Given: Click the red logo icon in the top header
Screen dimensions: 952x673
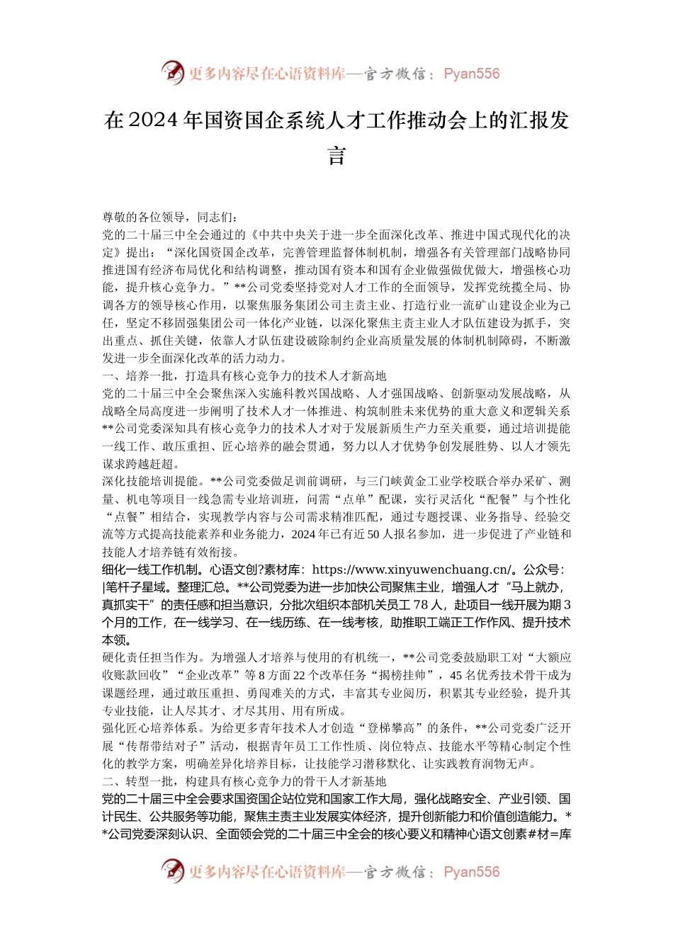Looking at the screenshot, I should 173,72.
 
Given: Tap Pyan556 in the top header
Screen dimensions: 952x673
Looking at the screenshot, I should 471,74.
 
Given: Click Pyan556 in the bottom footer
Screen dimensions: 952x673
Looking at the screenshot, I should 471,872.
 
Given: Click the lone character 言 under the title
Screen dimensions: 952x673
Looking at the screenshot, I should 336,154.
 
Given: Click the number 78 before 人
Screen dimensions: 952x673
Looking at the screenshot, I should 420,605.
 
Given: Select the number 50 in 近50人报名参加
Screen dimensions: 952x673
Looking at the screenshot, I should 374,534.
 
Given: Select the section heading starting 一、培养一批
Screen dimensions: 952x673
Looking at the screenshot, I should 244,376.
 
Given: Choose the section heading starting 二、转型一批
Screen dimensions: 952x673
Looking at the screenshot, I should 244,781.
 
